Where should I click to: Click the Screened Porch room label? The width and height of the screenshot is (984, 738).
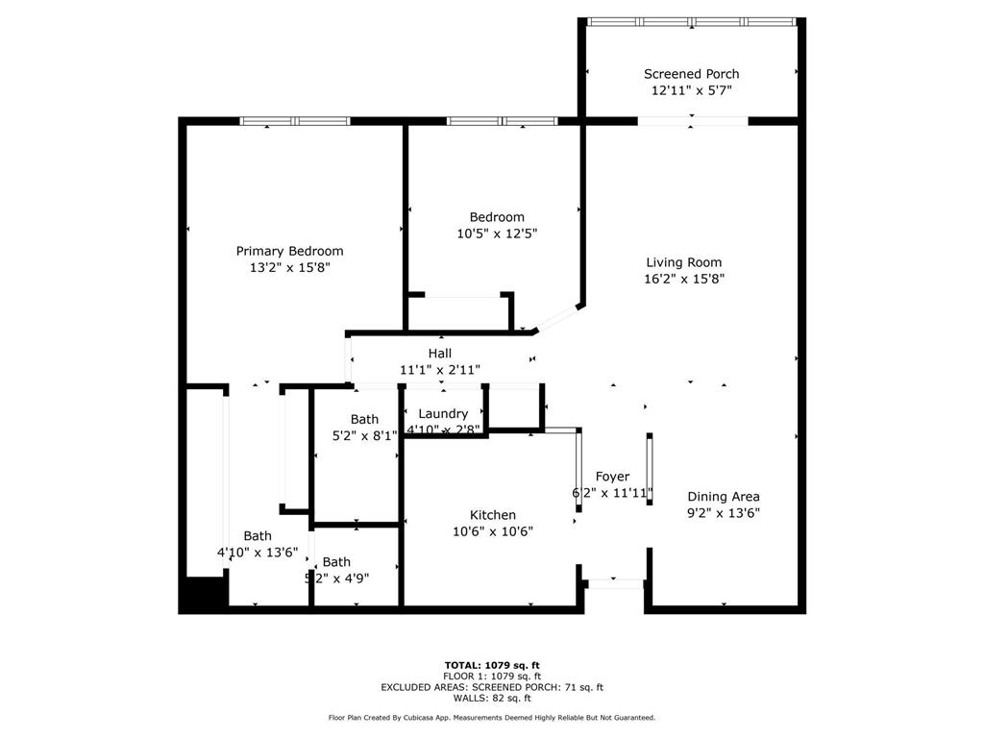pyautogui.click(x=691, y=74)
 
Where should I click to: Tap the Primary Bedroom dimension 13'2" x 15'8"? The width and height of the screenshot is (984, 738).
pyautogui.click(x=289, y=267)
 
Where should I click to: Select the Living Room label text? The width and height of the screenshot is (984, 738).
pyautogui.click(x=683, y=262)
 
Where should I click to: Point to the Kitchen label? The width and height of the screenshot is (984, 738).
pyautogui.click(x=493, y=515)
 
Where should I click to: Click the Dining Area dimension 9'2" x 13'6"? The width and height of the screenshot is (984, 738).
pyautogui.click(x=724, y=512)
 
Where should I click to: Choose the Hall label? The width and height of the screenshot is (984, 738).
pyautogui.click(x=440, y=354)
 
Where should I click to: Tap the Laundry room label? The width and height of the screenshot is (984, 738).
pyautogui.click(x=443, y=413)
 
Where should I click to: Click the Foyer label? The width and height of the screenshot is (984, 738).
pyautogui.click(x=612, y=477)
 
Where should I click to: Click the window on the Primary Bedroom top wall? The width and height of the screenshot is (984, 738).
pyautogui.click(x=294, y=121)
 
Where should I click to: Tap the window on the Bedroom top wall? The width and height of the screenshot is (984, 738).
pyautogui.click(x=502, y=121)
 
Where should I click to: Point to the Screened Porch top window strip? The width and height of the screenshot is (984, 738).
pyautogui.click(x=691, y=21)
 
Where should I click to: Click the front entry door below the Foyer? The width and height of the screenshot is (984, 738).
pyautogui.click(x=615, y=582)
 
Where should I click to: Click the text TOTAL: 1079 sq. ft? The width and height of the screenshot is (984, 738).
pyautogui.click(x=492, y=665)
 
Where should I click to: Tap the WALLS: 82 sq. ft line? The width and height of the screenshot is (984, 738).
pyautogui.click(x=492, y=698)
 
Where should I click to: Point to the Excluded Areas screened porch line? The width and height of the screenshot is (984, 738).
pyautogui.click(x=492, y=687)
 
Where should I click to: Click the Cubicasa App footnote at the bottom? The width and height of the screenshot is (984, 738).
pyautogui.click(x=492, y=718)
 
